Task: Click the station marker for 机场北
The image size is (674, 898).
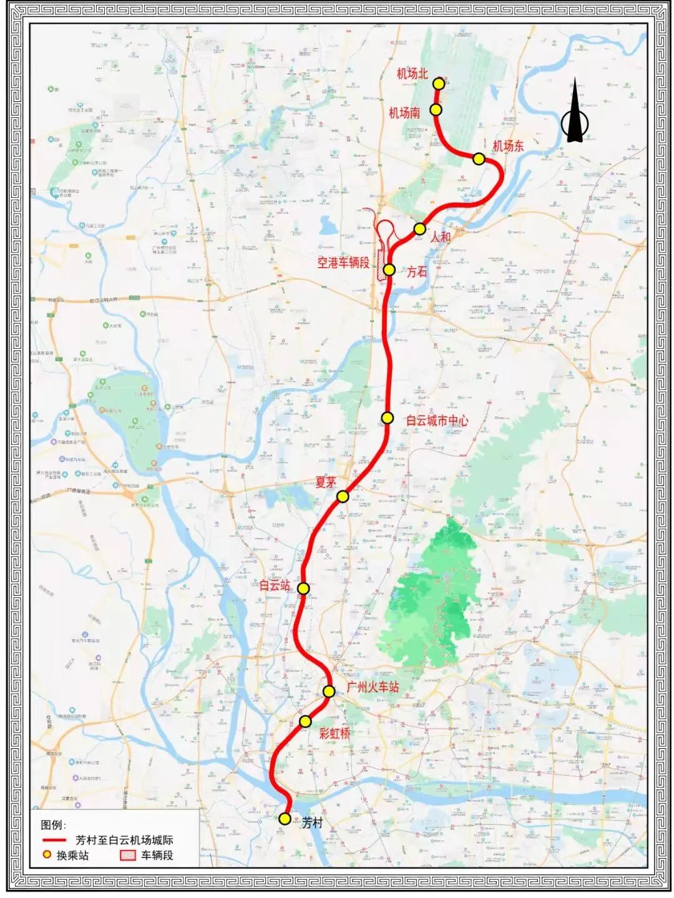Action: (439, 83)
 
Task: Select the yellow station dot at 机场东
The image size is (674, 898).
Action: (479, 159)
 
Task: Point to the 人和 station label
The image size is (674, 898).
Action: (440, 237)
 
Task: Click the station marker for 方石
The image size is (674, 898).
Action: (389, 270)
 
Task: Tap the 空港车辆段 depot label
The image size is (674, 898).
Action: (343, 263)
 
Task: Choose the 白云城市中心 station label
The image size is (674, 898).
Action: (437, 421)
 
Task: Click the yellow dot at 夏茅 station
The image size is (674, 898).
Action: (342, 496)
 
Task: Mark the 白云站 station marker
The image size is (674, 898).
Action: (303, 588)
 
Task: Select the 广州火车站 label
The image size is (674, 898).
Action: (373, 688)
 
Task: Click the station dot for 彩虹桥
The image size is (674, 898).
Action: (305, 721)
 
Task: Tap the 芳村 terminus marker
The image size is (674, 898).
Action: (285, 819)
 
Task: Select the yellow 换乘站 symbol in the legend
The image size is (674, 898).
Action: (46, 855)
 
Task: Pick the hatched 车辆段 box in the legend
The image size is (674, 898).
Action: (128, 855)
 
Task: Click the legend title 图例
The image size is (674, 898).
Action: (54, 825)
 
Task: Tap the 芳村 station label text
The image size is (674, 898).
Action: (312, 823)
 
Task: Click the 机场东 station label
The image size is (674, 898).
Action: (508, 146)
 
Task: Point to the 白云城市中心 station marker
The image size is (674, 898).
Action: (388, 418)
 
